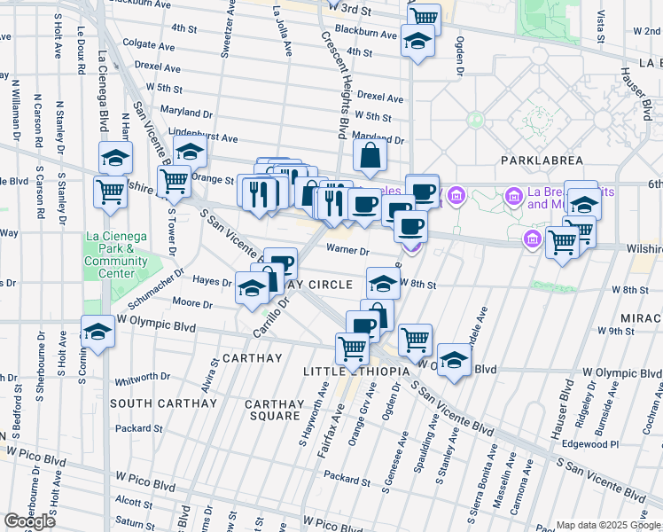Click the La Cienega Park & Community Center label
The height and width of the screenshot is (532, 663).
coord(115,254)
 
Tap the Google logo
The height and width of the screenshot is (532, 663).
coord(29,521)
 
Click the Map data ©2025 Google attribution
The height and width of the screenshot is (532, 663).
coord(608,525)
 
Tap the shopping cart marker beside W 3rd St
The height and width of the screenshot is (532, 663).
coord(425,17)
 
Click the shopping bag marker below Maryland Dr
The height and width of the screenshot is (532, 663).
coord(370,157)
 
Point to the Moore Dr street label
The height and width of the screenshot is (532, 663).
coord(192,304)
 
